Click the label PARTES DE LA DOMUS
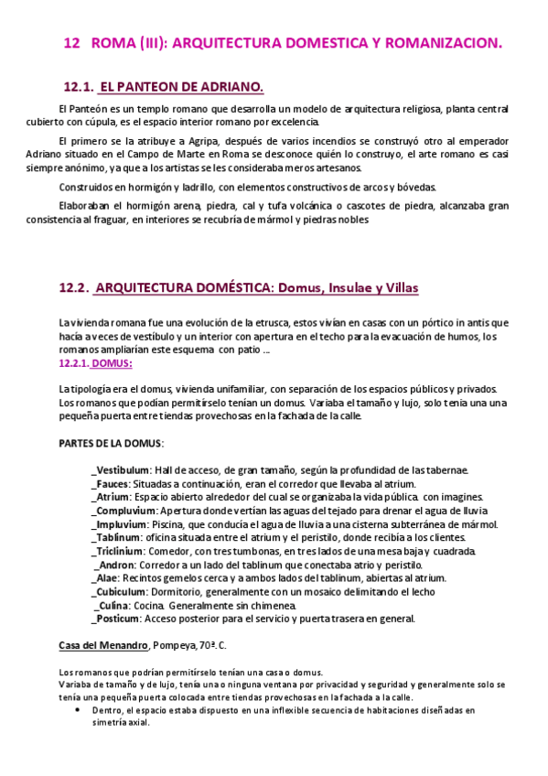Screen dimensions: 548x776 110,443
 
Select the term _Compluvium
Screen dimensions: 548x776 124,511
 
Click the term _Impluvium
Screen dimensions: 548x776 119,524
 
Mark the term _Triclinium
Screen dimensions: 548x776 118,552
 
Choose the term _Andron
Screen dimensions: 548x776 114,565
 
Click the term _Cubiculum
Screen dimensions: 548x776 120,592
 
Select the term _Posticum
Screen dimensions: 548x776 116,619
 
